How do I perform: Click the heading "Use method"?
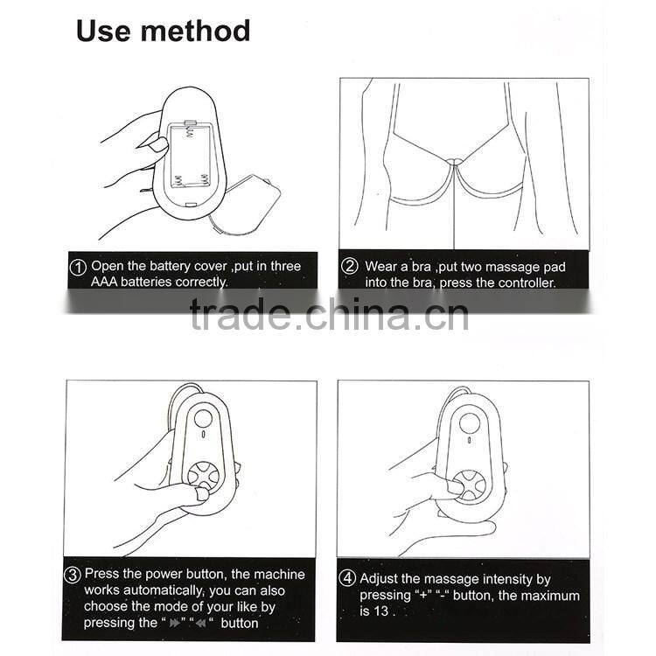163,31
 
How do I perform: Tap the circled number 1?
78,266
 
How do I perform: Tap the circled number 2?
350,266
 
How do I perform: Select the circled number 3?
73,576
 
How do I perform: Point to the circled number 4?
347,579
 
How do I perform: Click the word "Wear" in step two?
381,266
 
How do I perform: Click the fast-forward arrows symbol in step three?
174,624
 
